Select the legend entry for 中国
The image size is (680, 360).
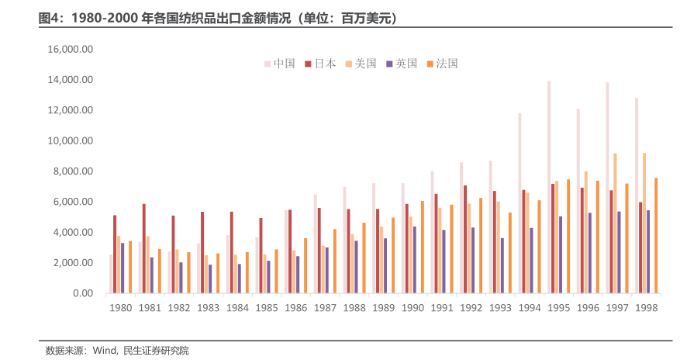coord(279,64)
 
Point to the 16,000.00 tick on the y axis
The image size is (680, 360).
coord(70,49)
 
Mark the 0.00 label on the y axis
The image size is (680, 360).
coord(81,293)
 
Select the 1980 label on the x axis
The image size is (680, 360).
coord(120,308)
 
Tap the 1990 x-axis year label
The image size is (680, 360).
coord(412,308)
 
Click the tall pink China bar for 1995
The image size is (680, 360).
coord(548,187)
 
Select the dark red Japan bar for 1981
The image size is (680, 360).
coord(144,248)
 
